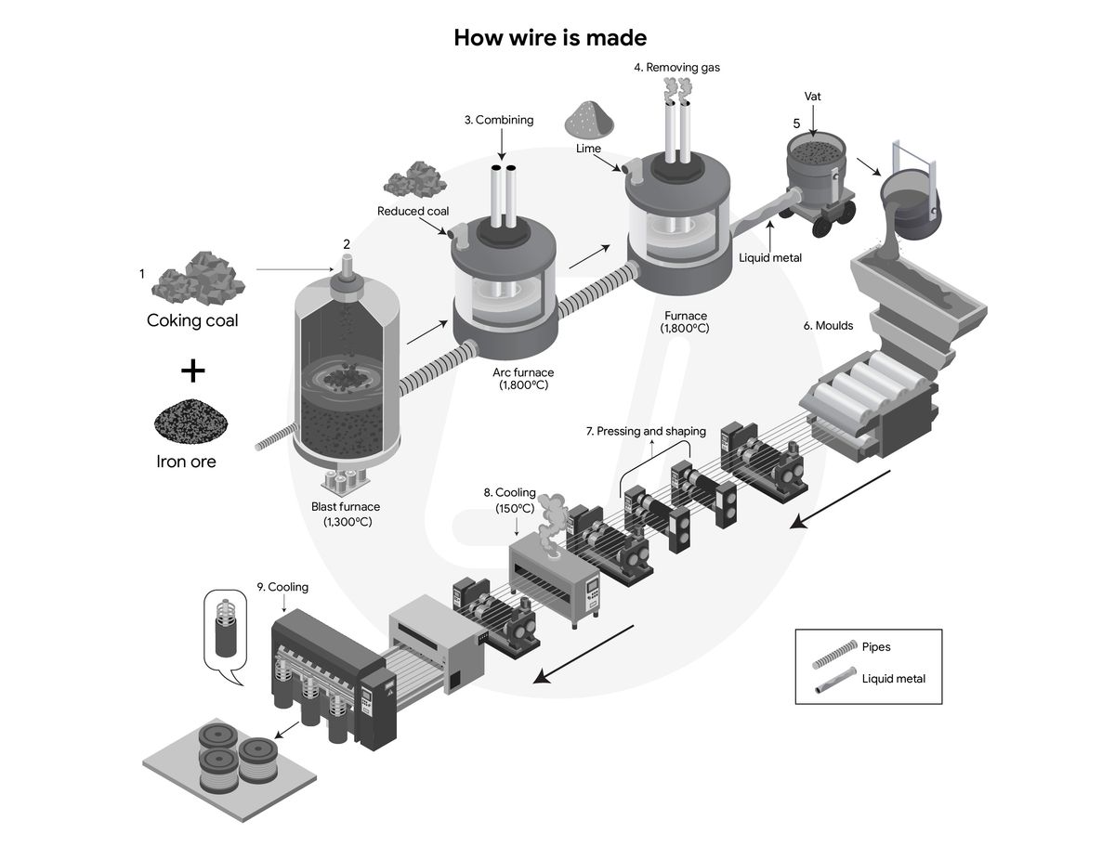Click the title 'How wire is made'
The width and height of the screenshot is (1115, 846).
coord(550,38)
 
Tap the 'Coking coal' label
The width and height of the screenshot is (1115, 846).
coord(192,321)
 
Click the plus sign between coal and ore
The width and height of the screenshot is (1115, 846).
coord(192,371)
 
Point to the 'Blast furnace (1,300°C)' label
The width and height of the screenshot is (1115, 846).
coord(347,514)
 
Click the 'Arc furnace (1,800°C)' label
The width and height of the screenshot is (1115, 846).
coord(523,379)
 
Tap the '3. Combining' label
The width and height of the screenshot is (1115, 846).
coord(499,120)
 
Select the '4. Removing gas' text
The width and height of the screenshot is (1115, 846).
coord(676,67)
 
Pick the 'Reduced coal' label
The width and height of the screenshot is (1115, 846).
coord(413,212)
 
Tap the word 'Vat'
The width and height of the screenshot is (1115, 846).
coord(812,96)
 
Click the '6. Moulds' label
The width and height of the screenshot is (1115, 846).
coord(827,326)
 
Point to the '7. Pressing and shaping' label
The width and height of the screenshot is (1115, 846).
coord(646,431)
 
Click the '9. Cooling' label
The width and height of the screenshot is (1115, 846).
coord(282,587)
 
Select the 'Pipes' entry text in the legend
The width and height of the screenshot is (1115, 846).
coord(876,646)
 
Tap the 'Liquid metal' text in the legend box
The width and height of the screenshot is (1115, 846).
coord(893,678)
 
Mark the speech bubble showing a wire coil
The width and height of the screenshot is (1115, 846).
coord(225,632)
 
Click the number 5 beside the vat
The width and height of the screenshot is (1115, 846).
coord(795,123)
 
